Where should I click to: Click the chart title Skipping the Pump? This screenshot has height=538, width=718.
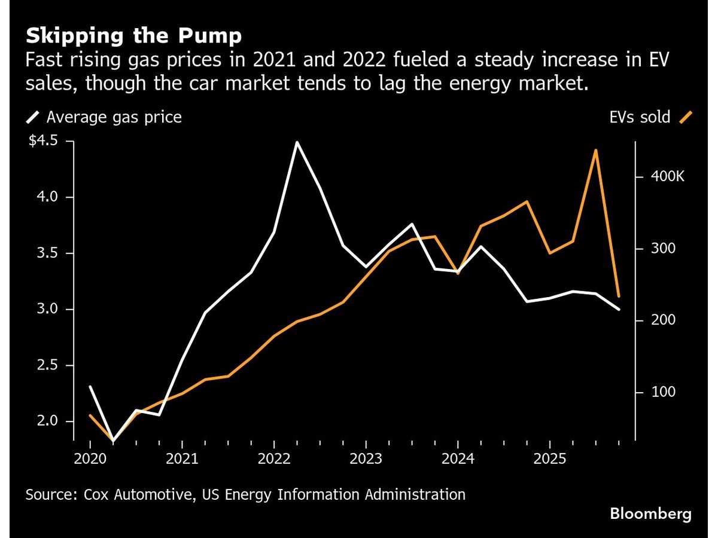pos(133,36)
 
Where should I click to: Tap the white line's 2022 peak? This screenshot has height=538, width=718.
pos(297,142)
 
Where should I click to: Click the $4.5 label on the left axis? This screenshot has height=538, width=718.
pos(43,141)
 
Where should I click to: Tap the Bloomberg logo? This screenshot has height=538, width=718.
pos(650,513)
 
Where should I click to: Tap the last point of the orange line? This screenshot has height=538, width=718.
pos(619,296)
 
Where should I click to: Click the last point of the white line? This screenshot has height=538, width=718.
pos(619,309)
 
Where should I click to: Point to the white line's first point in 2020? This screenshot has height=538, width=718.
pos(90,387)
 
